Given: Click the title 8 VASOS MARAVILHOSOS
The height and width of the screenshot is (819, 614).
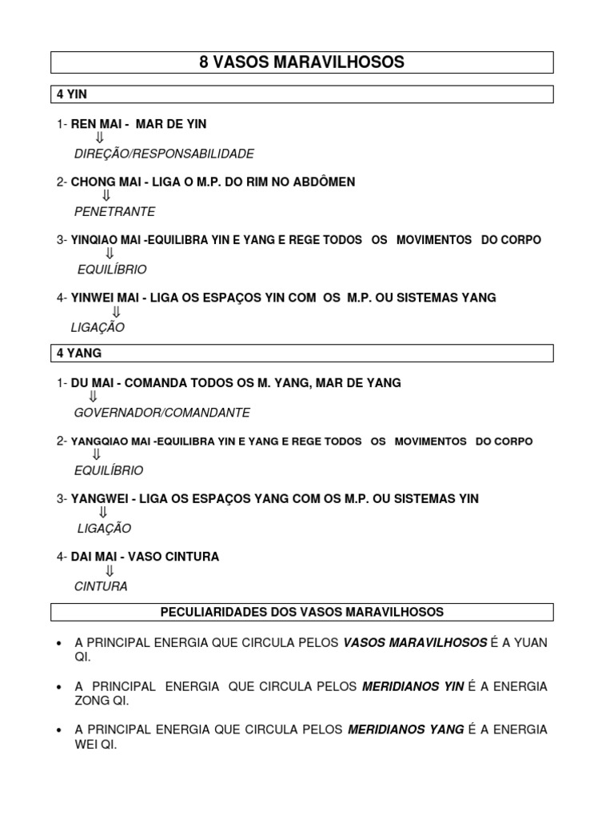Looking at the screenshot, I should tap(302, 62).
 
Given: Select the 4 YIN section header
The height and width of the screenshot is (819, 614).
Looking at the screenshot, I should tap(72, 94).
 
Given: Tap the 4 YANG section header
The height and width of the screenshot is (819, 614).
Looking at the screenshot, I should tap(79, 353).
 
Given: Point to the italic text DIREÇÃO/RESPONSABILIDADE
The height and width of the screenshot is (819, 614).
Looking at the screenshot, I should tap(164, 154).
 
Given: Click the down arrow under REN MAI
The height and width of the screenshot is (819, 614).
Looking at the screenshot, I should tap(100, 138).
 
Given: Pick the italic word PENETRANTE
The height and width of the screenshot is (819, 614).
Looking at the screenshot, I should tap(114, 212).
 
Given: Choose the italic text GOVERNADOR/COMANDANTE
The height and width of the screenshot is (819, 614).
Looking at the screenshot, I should tap(161, 413).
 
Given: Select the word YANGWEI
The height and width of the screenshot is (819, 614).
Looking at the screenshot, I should tap(101, 499).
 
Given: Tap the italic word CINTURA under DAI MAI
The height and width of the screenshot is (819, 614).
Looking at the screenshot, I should tap(101, 586).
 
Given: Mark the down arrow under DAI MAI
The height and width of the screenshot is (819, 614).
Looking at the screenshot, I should tap(110, 571).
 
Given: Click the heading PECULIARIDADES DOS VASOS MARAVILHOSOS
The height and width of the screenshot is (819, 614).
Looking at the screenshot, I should tap(302, 612).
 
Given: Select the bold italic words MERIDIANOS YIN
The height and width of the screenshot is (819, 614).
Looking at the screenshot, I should tap(413, 686).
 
